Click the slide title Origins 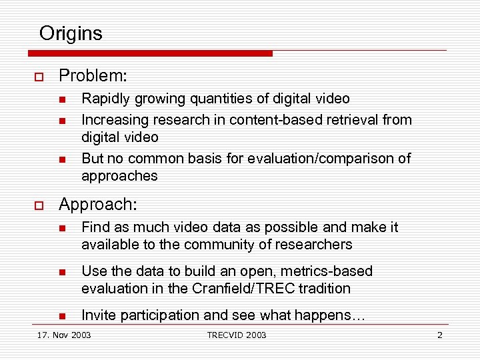[x=71, y=33]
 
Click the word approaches [x=119, y=176]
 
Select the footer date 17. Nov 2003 [x=64, y=335]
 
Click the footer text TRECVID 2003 [x=236, y=335]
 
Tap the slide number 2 [x=439, y=335]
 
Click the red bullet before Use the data [x=61, y=272]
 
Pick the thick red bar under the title [x=151, y=53]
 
